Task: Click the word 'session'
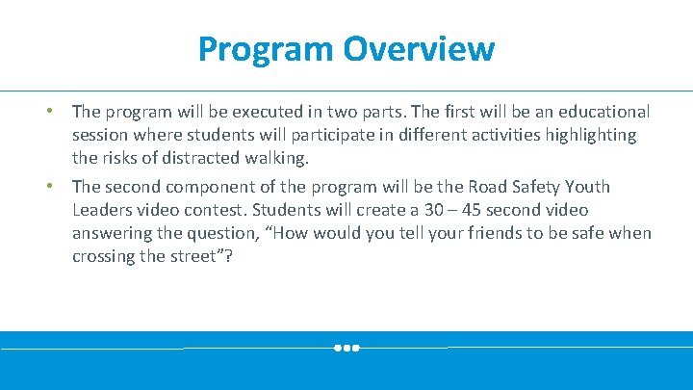[101, 135]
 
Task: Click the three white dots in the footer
[346, 348]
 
